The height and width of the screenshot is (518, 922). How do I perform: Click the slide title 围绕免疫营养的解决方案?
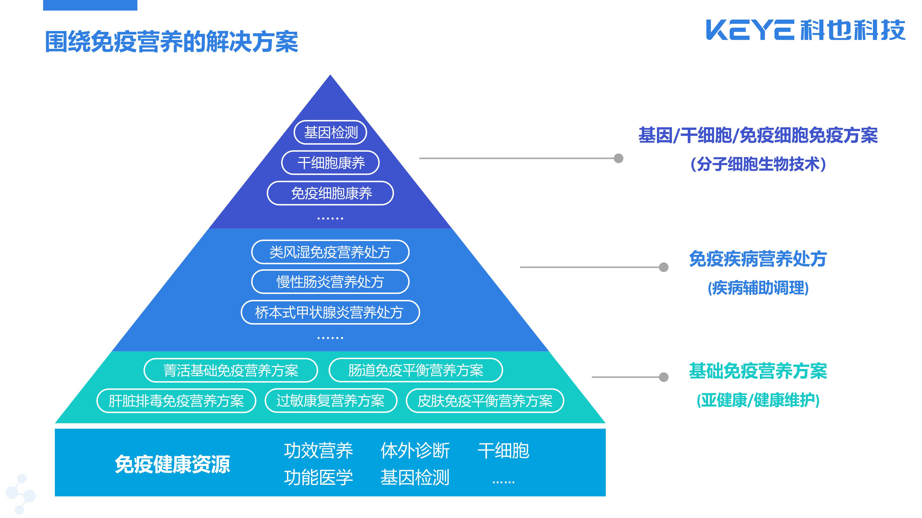tap(171, 42)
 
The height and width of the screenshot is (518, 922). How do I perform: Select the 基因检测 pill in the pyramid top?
tap(330, 133)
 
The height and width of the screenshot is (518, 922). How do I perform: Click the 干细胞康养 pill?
tap(330, 163)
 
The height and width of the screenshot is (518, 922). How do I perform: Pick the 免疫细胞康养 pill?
tap(330, 193)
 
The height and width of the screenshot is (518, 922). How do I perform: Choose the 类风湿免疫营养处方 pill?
tap(330, 252)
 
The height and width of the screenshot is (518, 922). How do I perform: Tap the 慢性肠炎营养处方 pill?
tap(330, 282)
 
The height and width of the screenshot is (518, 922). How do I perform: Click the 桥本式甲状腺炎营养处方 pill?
tap(330, 312)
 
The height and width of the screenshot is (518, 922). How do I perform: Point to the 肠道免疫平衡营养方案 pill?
tap(416, 370)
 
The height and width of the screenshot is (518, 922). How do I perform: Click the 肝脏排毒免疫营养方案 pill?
tap(176, 401)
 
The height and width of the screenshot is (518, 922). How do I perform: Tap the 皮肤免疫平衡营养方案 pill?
tap(485, 401)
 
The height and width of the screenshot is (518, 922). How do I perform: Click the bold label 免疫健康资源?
tap(172, 464)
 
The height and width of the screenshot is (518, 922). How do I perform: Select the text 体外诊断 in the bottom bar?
tap(415, 451)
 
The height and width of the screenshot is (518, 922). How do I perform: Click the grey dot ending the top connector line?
tap(618, 158)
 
